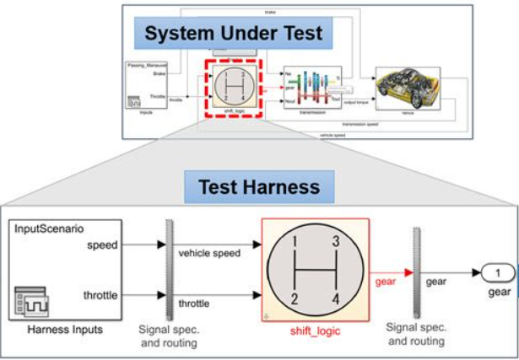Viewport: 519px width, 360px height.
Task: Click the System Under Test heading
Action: (x=233, y=34)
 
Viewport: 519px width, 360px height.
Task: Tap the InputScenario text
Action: (x=49, y=228)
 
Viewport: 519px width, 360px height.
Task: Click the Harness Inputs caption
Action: (x=65, y=330)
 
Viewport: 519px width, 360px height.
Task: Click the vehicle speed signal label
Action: (x=208, y=252)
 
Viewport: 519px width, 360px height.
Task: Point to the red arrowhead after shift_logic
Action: (x=407, y=274)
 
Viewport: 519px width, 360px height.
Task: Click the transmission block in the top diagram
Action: (x=312, y=89)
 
